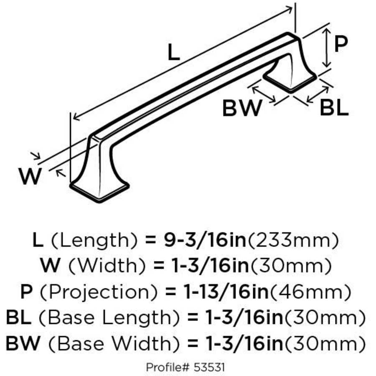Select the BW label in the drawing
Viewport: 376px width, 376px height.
click(242, 108)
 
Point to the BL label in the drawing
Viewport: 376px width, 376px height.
click(334, 108)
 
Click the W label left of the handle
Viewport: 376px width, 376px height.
click(30, 176)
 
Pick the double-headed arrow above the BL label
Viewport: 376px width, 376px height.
click(318, 94)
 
